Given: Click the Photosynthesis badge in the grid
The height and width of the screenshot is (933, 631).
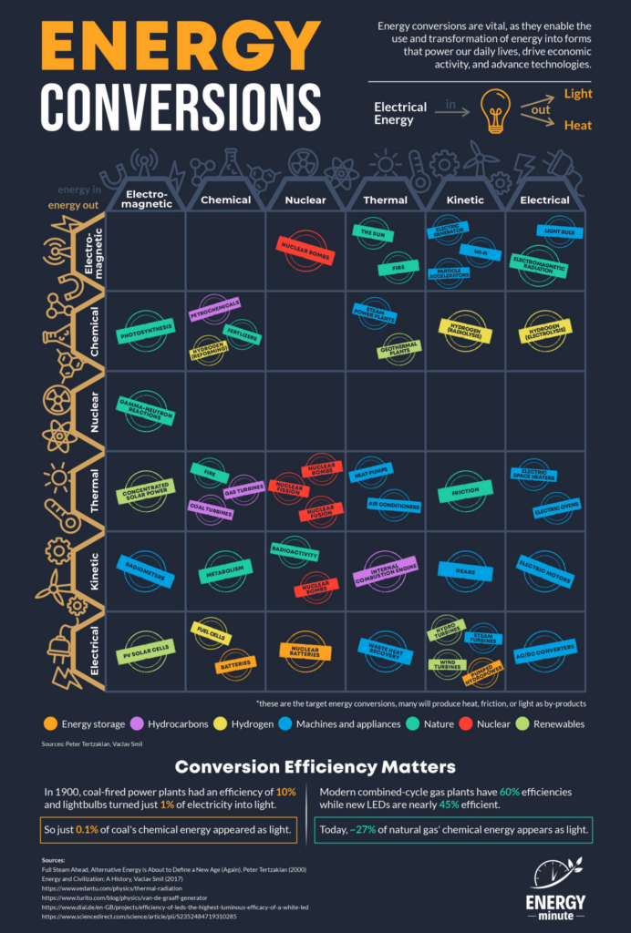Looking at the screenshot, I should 145,334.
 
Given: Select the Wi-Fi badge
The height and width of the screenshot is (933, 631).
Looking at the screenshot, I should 474,250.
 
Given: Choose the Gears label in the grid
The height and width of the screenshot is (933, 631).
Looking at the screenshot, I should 466,569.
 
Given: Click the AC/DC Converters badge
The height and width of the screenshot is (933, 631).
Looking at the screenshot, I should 545,649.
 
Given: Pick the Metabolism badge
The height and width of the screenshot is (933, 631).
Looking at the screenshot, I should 223,569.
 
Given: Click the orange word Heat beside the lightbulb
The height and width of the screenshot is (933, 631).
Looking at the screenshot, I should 577,126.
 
